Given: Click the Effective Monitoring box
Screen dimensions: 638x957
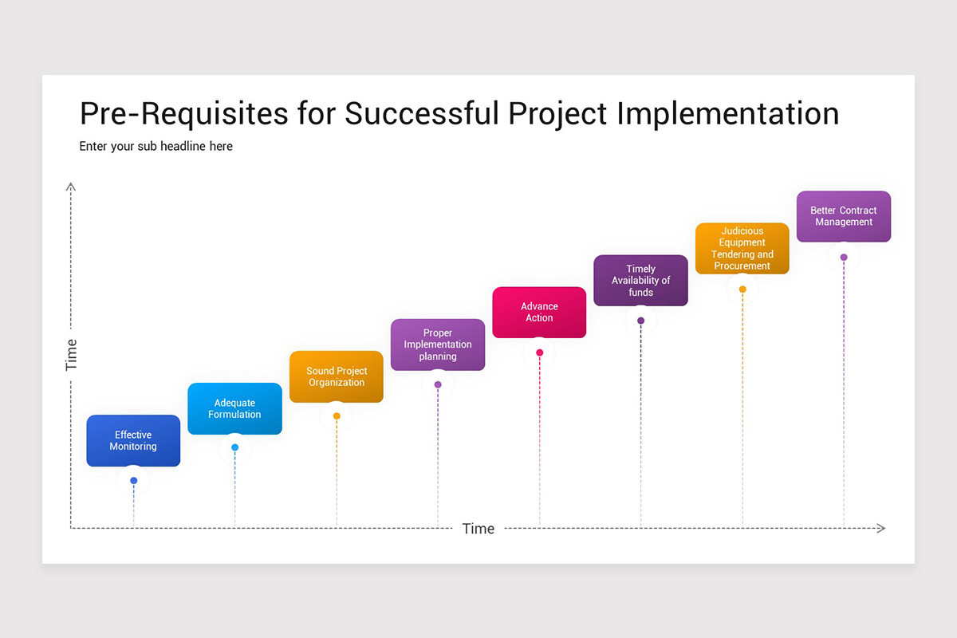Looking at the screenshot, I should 133,440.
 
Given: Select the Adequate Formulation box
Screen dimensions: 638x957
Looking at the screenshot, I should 234,408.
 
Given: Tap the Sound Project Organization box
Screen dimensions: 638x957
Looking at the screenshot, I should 337,376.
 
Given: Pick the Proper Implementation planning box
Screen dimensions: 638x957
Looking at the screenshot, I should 438,345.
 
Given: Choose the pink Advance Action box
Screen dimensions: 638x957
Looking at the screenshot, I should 539,312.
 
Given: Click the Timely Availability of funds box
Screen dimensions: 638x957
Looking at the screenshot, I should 640,280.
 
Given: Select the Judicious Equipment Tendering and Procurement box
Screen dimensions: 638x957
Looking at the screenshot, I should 742,248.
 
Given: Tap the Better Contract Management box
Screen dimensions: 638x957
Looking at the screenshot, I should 844,216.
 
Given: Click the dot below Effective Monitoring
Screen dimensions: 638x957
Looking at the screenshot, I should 134,480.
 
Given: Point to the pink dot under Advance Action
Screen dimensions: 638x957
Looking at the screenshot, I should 540,352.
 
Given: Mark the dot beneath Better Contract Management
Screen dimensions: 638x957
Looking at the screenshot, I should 844,257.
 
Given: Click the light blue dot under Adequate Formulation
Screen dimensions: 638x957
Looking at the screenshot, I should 234,447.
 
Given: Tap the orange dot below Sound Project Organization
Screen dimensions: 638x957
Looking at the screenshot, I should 337,416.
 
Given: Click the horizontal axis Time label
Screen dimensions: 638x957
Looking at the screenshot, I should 478,529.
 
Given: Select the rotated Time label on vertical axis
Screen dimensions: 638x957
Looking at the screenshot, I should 72,355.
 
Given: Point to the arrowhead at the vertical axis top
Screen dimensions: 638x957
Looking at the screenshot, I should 71,187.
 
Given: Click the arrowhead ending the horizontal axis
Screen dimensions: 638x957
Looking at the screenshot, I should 880,528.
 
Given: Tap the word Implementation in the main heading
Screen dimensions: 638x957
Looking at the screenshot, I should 728,113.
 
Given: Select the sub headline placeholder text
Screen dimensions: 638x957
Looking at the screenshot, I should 156,146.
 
